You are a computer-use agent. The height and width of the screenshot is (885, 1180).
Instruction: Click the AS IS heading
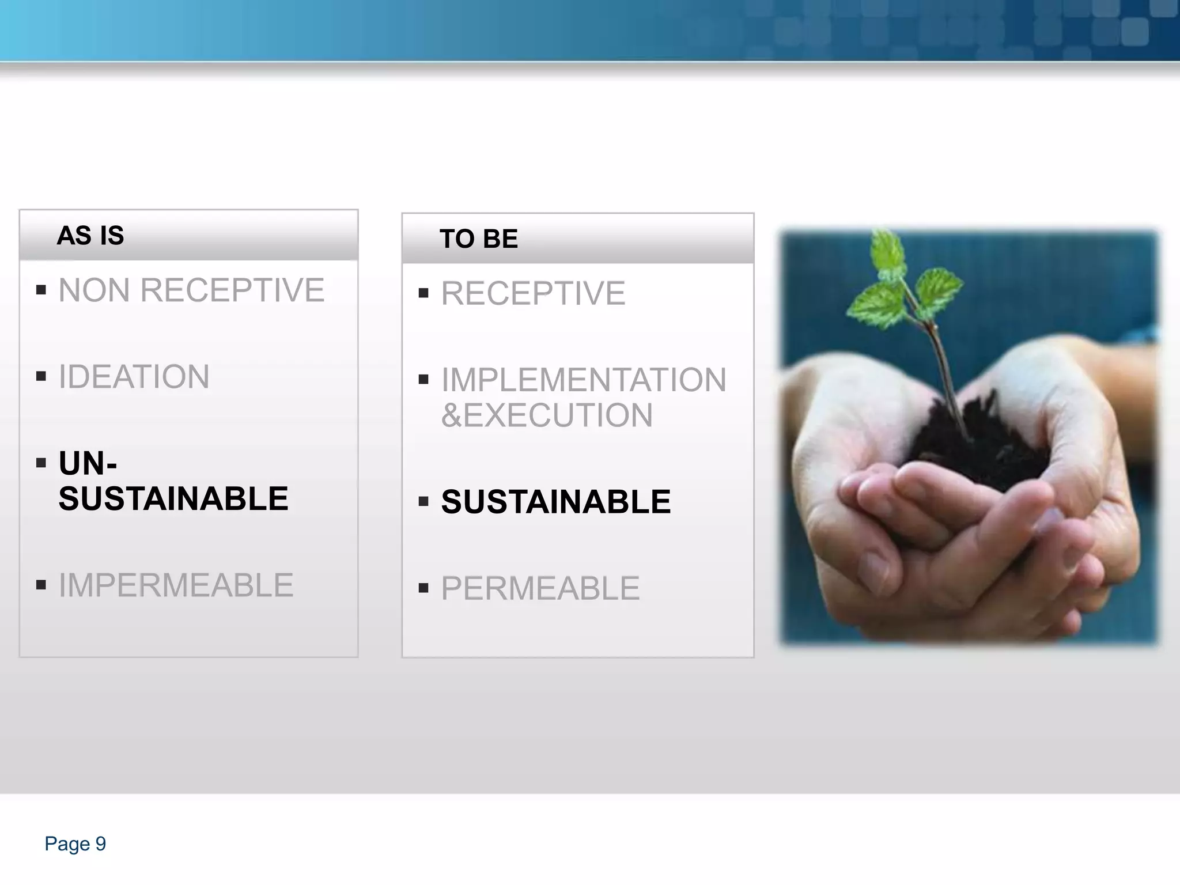tap(90, 235)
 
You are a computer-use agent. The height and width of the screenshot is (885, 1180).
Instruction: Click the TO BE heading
tap(478, 239)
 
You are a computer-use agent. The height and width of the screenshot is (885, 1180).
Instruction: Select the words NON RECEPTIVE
tap(191, 290)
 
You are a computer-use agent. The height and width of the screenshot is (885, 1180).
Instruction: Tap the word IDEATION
tap(134, 377)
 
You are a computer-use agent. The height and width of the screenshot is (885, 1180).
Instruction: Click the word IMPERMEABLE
tap(176, 585)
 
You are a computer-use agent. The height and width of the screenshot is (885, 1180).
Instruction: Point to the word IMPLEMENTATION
tap(583, 380)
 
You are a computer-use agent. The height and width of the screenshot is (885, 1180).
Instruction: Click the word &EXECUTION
tap(546, 415)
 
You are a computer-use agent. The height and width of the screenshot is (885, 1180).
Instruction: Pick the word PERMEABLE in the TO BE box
tap(540, 588)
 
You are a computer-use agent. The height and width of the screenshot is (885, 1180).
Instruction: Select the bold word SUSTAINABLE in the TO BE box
tap(555, 502)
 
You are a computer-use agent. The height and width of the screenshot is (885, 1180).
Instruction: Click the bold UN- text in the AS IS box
tap(88, 463)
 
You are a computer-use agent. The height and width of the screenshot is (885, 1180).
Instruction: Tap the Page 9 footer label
tap(75, 844)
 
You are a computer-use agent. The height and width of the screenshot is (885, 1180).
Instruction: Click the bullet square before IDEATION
tap(41, 376)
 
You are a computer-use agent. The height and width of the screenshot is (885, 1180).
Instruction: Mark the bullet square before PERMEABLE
tap(423, 588)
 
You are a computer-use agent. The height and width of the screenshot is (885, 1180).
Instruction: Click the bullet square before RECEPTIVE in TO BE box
tap(423, 293)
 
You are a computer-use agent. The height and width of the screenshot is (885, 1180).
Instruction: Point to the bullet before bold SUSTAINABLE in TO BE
tap(423, 501)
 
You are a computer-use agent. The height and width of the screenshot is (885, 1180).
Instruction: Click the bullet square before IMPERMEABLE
tap(41, 585)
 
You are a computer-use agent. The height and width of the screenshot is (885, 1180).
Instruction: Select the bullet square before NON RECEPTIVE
tap(41, 289)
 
